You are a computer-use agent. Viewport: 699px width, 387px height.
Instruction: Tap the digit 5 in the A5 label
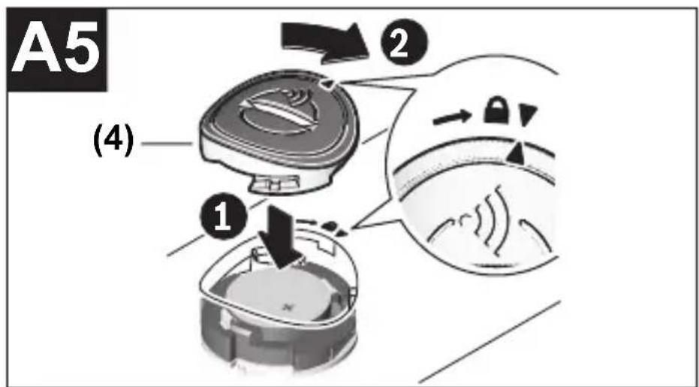pos(80,50)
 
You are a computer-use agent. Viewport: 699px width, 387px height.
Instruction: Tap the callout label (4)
pos(113,144)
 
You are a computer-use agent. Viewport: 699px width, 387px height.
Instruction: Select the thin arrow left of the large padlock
pos(452,118)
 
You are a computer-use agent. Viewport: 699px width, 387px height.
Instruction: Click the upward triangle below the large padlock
pos(517,153)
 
